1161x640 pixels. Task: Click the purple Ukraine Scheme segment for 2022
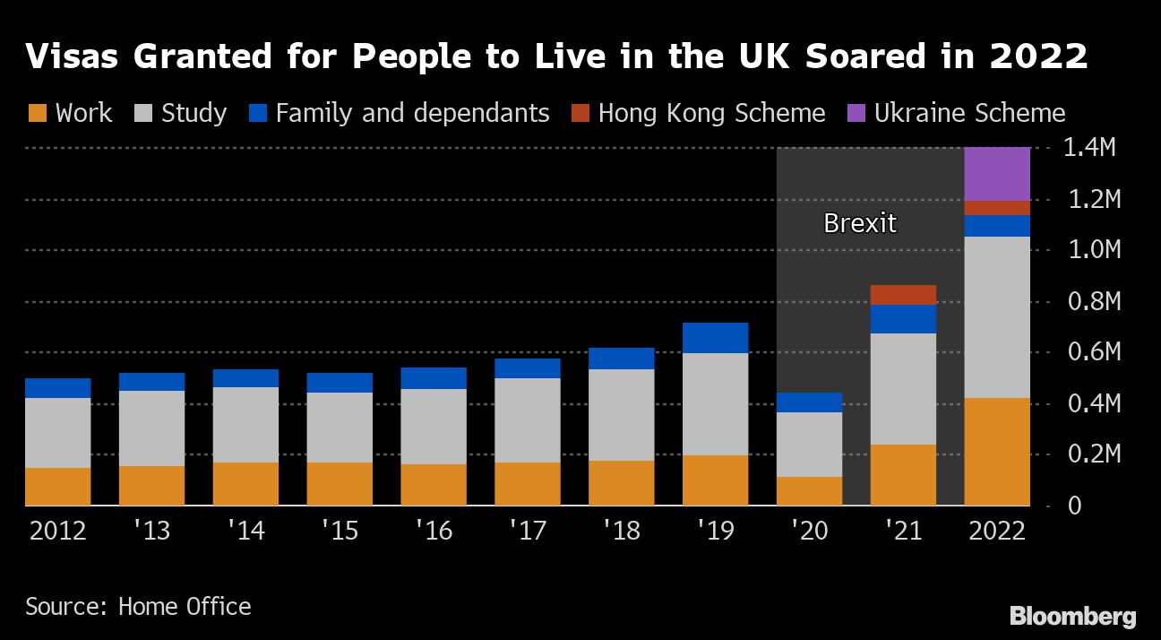[996, 174]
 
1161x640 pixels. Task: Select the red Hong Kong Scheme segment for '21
[903, 295]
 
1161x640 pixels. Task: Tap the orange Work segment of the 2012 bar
[58, 487]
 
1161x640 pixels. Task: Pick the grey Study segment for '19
[715, 404]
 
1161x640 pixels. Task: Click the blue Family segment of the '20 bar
[809, 402]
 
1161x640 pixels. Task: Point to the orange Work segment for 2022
[996, 452]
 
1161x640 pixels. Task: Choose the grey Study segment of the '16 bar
[434, 427]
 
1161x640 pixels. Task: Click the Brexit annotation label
[859, 223]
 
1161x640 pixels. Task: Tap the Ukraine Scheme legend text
[969, 114]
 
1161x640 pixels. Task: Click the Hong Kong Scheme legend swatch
[580, 114]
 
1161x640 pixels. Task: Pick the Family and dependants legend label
[412, 114]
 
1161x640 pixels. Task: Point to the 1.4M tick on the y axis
[1088, 148]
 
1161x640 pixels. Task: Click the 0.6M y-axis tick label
[1088, 352]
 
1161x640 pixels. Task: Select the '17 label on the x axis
[527, 531]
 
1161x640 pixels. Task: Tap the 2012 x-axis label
[58, 531]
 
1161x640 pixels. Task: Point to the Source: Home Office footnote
[138, 607]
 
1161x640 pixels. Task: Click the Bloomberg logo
[1072, 617]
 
